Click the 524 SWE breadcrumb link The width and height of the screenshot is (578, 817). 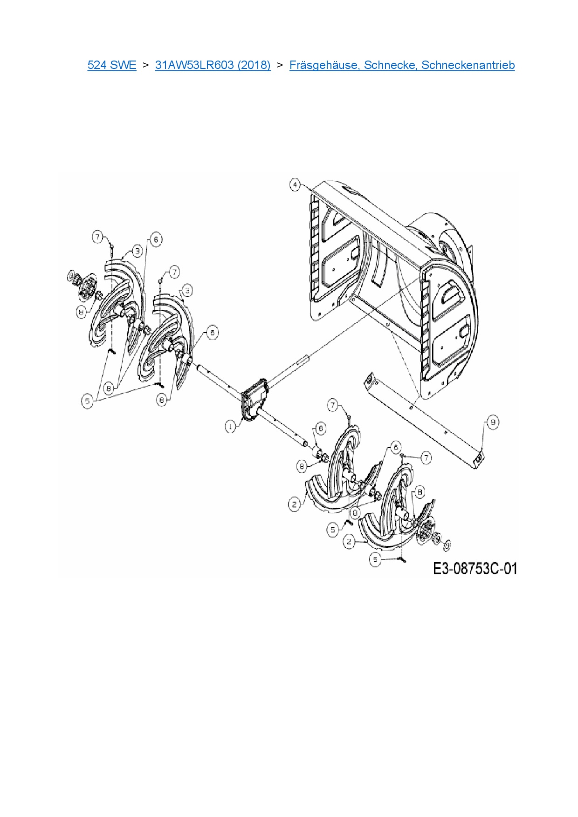click(112, 65)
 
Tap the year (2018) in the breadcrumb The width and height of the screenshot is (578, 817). click(254, 65)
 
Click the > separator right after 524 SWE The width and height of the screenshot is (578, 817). click(145, 65)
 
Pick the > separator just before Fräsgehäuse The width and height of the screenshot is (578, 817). click(280, 65)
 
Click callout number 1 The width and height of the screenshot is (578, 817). click(231, 426)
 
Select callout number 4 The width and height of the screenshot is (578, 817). click(295, 185)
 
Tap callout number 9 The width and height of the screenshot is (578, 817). click(493, 422)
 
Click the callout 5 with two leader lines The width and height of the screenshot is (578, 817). click(88, 401)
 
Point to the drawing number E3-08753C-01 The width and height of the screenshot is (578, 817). click(475, 569)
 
